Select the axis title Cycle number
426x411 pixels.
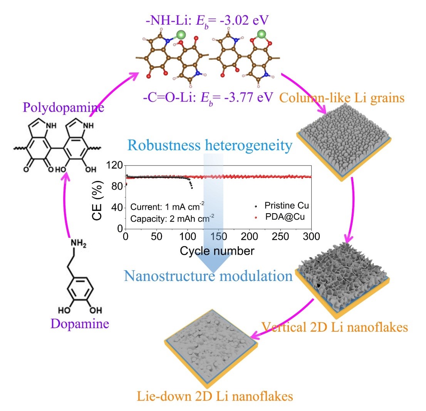pos(217,251)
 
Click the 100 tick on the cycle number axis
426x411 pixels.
pos(188,236)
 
